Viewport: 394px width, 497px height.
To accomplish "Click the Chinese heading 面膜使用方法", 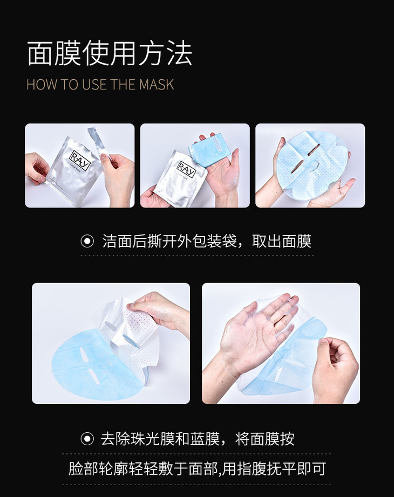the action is (110, 53).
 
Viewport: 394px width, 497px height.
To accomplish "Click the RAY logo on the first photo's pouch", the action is (80, 160).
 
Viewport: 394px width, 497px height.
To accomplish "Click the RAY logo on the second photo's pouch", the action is (186, 169).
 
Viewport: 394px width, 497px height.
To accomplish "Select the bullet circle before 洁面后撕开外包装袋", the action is (87, 241).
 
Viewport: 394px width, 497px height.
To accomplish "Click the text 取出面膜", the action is (282, 241).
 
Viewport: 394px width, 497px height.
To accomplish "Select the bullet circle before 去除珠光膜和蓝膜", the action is (87, 439).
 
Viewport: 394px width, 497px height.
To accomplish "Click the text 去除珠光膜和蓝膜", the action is (160, 439).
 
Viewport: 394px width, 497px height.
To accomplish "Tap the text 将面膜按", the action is (265, 439).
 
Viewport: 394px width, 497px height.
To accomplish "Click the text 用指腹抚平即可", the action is (274, 469).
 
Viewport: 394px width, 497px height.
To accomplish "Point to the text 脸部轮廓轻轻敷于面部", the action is (143, 469).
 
